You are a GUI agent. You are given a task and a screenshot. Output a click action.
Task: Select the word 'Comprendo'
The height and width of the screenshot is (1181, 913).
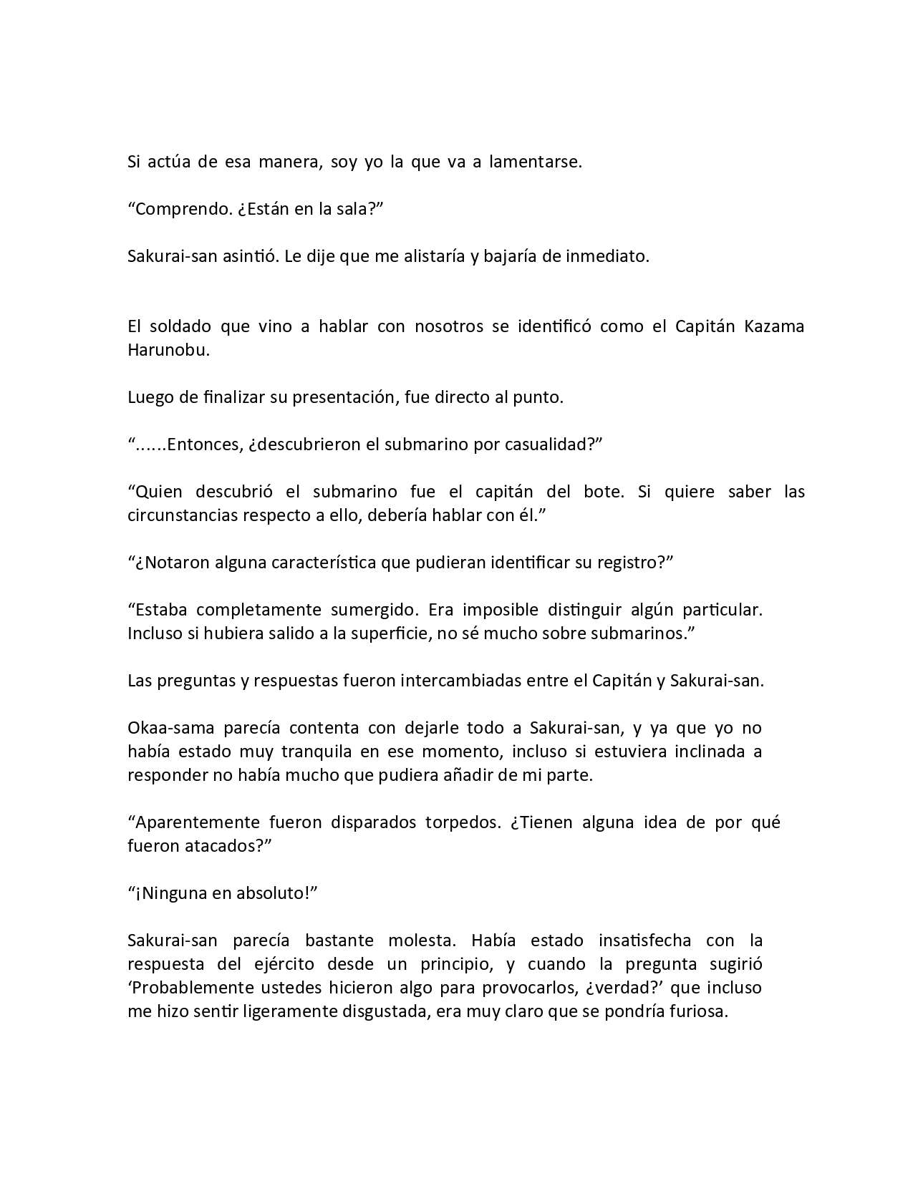(179, 209)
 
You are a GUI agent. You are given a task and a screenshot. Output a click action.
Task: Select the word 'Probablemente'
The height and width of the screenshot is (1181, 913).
(190, 988)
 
